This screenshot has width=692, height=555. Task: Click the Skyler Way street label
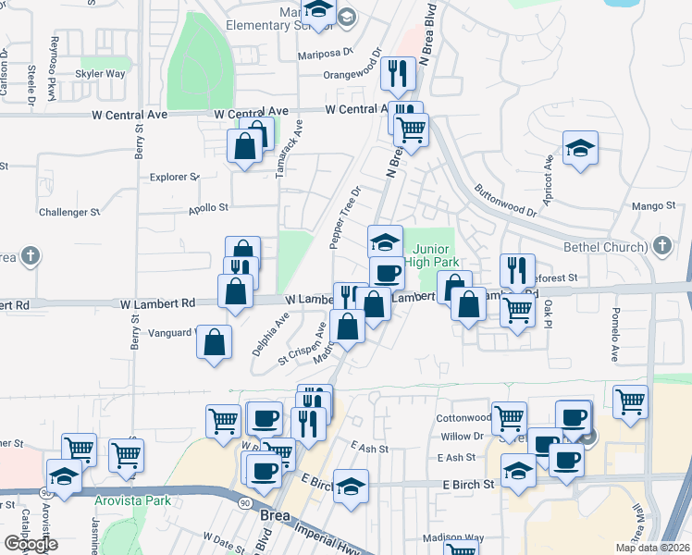(x=101, y=73)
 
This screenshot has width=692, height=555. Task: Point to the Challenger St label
(x=69, y=212)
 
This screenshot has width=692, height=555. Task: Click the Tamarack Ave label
(x=290, y=149)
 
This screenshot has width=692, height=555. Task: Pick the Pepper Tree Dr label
(x=344, y=217)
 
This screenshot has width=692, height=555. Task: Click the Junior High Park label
(x=431, y=256)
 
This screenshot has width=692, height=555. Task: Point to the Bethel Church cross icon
(x=661, y=246)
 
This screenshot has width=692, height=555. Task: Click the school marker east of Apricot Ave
(x=580, y=148)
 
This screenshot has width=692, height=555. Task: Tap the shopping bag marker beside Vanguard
(x=215, y=342)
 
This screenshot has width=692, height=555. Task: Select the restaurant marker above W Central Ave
(x=397, y=73)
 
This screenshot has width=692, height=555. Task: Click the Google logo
(x=31, y=544)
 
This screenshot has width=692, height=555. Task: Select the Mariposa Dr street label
(x=326, y=54)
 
